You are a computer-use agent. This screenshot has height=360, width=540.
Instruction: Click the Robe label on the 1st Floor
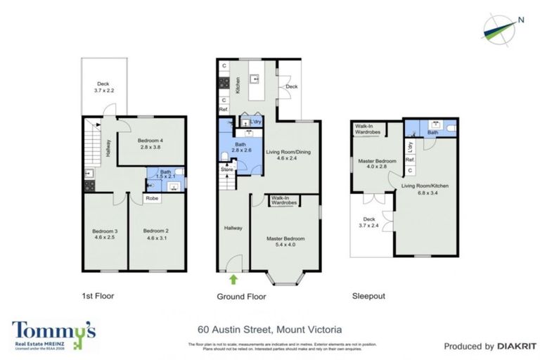point(152,199)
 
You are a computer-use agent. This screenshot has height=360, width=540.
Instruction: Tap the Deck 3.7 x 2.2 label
point(103,86)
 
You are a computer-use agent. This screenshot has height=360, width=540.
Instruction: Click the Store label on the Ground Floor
point(226,169)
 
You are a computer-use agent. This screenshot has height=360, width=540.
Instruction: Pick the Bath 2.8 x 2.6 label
point(241,148)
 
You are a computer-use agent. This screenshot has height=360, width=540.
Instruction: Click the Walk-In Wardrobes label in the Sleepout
point(368,129)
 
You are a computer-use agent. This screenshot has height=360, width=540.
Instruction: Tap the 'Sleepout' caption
point(368,297)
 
